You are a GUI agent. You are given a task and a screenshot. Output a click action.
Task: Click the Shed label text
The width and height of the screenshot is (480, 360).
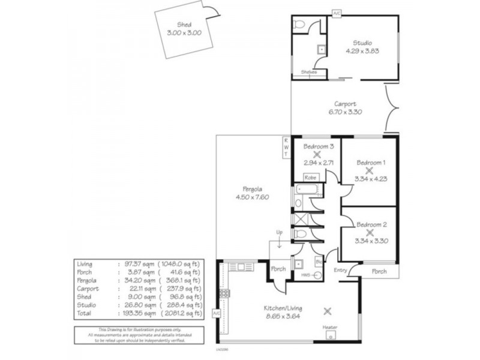184,25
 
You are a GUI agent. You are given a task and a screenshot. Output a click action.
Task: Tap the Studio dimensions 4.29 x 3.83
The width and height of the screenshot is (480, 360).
362,51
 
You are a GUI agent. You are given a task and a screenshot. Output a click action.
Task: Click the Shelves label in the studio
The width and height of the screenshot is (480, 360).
309,72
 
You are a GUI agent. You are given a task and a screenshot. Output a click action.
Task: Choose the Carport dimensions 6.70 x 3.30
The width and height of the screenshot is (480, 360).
346,112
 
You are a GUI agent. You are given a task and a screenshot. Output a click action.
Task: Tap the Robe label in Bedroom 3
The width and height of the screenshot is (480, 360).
310,178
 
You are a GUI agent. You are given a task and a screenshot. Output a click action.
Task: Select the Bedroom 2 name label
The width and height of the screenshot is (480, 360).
371,224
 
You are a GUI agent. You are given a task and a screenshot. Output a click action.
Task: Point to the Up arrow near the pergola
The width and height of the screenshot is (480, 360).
278,238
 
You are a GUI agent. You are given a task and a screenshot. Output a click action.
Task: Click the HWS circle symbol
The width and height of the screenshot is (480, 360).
317,275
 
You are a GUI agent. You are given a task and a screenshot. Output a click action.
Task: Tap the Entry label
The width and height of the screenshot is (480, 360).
340,271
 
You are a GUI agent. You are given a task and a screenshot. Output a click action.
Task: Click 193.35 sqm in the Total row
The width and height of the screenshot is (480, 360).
144,313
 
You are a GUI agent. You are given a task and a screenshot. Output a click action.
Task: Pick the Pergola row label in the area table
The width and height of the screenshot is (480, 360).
87,279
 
